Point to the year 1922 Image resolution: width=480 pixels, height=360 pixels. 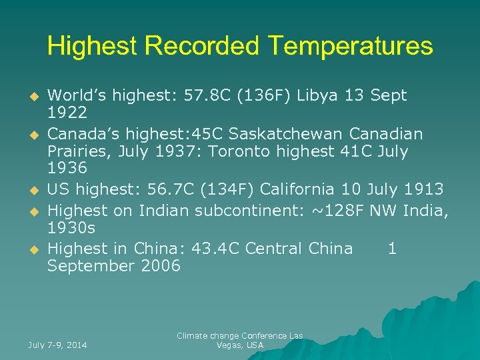click(67, 113)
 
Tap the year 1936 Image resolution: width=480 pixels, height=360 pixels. click(67, 168)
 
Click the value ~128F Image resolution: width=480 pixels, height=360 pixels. click(338, 211)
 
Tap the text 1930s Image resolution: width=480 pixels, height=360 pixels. click(71, 228)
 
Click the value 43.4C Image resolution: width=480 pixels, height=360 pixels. click(215, 249)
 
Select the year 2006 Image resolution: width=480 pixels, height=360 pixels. click(158, 266)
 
